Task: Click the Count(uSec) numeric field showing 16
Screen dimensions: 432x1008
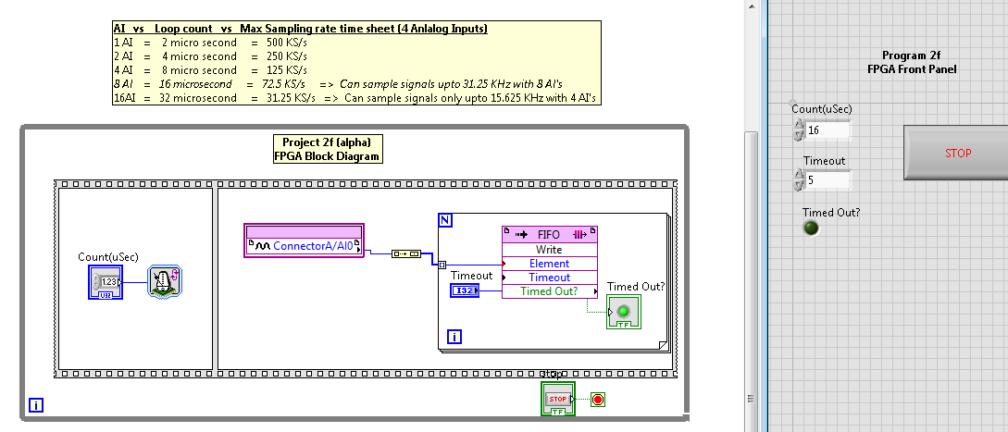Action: pyautogui.click(x=828, y=130)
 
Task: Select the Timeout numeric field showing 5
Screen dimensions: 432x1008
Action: pyautogui.click(x=828, y=180)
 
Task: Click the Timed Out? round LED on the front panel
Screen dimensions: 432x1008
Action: pyautogui.click(x=812, y=228)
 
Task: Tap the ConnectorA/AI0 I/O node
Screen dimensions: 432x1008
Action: pyautogui.click(x=304, y=246)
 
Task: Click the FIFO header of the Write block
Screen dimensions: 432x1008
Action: pyautogui.click(x=549, y=235)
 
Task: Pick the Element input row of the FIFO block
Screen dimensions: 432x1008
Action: pyautogui.click(x=549, y=264)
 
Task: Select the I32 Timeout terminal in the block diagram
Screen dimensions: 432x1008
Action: pyautogui.click(x=465, y=291)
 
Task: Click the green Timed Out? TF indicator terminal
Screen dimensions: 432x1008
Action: pyautogui.click(x=622, y=313)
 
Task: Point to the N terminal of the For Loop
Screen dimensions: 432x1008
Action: pyautogui.click(x=445, y=220)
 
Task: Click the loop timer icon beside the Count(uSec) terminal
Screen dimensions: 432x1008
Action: pyautogui.click(x=165, y=282)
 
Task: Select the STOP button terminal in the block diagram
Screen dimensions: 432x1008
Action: pyautogui.click(x=557, y=399)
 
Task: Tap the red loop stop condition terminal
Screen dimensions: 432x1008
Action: pyautogui.click(x=597, y=400)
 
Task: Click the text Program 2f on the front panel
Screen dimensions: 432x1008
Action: pyautogui.click(x=912, y=56)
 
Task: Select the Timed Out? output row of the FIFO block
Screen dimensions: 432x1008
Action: pyautogui.click(x=549, y=291)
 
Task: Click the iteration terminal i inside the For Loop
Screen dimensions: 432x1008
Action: pyautogui.click(x=454, y=336)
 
